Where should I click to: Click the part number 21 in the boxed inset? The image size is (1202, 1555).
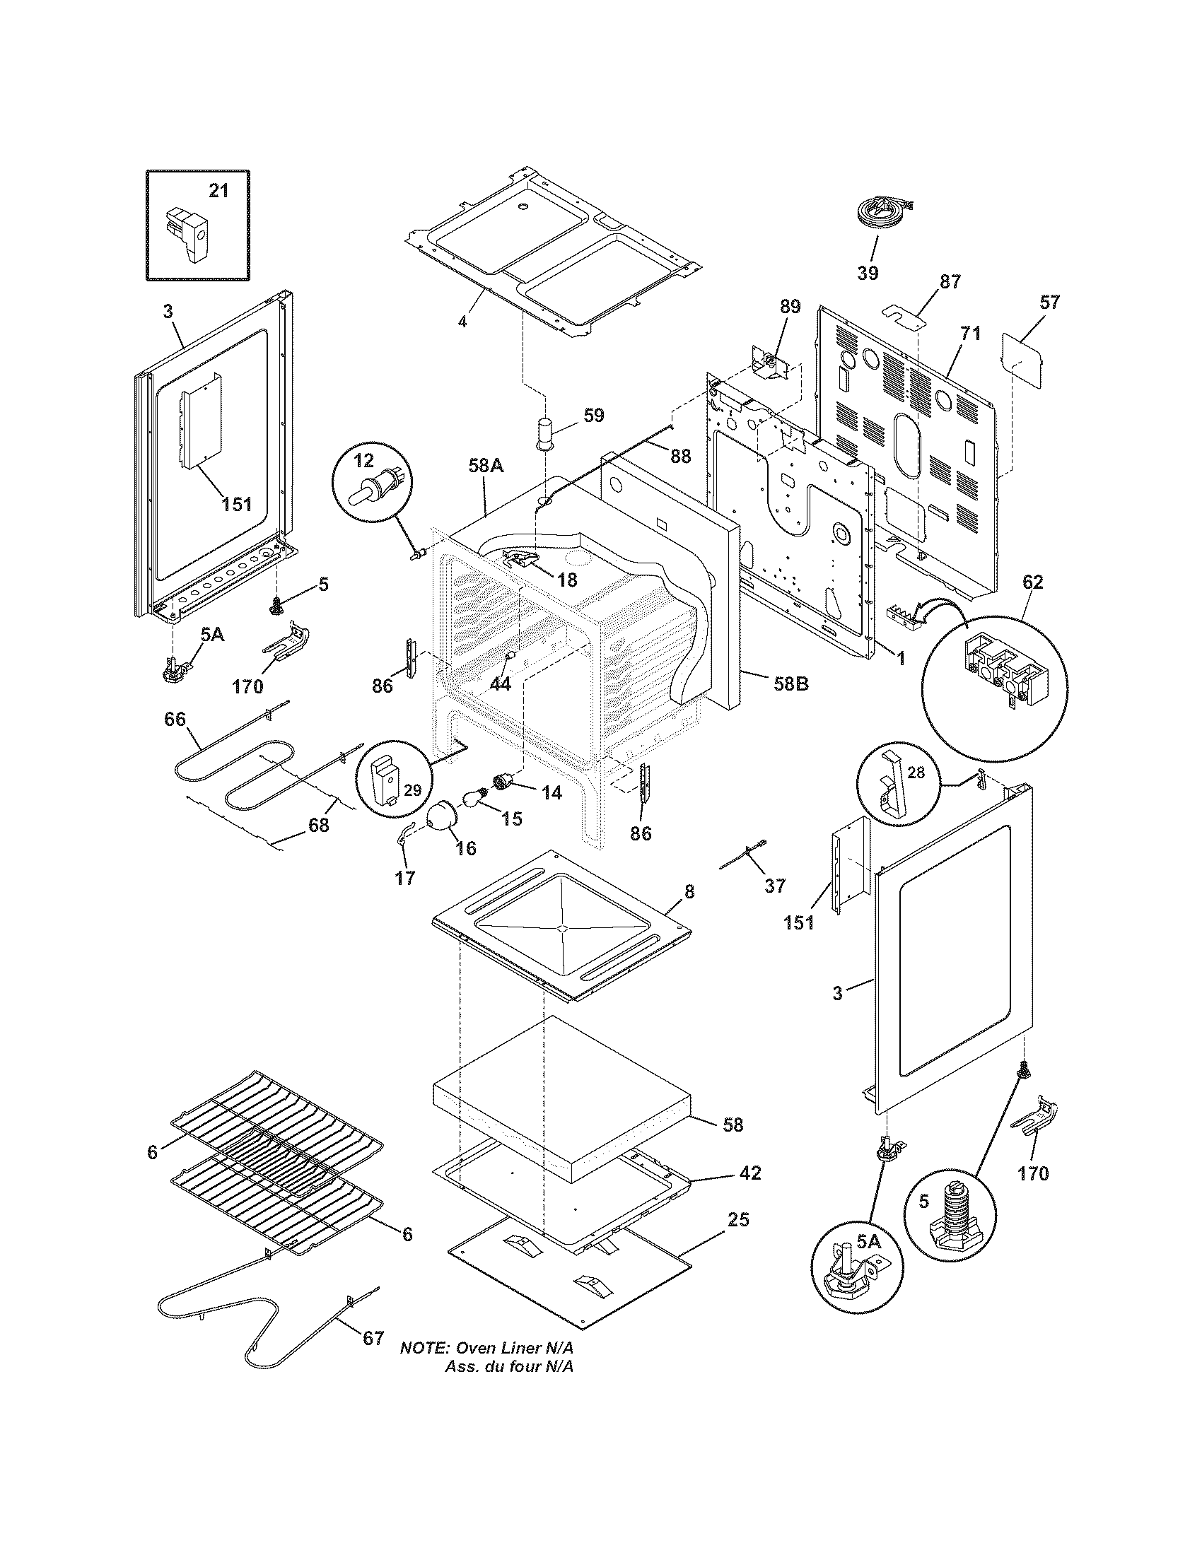click(218, 191)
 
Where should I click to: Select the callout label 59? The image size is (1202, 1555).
click(593, 415)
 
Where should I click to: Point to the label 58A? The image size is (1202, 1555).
click(486, 466)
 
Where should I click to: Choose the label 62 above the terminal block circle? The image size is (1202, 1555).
click(1032, 582)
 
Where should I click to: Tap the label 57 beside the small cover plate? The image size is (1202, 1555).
click(1049, 302)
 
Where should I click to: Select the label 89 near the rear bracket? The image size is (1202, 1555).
click(789, 307)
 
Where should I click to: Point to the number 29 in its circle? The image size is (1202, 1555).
click(412, 790)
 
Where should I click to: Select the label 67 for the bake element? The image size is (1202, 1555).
click(373, 1338)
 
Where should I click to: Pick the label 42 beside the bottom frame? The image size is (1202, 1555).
click(750, 1173)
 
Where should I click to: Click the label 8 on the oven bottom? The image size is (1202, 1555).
click(689, 891)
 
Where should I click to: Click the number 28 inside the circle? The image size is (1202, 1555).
click(916, 773)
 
